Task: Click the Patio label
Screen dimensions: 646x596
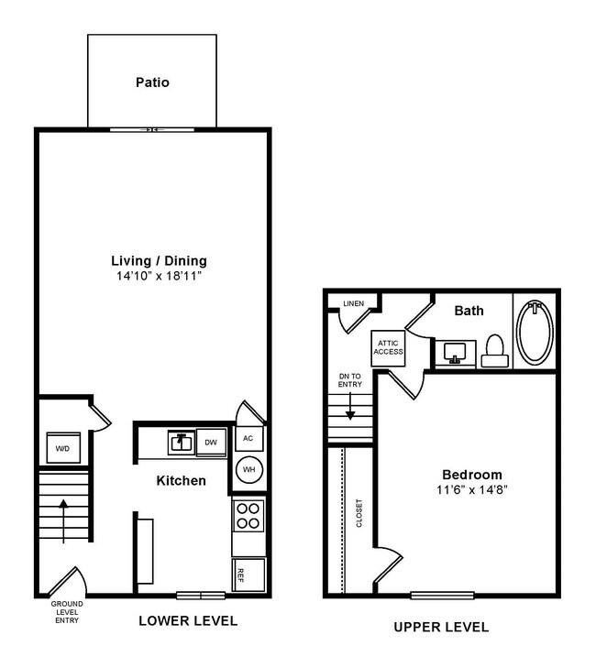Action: click(152, 82)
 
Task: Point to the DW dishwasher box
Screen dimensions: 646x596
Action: click(211, 443)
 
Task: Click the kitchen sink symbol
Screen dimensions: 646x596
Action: click(180, 443)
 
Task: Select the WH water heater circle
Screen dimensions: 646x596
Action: click(248, 471)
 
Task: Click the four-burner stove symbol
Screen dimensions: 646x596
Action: click(248, 516)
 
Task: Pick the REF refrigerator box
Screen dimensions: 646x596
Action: click(248, 575)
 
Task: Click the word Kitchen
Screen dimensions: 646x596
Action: click(181, 481)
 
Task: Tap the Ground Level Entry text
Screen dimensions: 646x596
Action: click(66, 613)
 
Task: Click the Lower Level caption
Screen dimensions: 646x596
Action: click(187, 620)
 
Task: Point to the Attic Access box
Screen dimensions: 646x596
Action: click(387, 347)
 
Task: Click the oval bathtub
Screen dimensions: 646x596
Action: click(535, 331)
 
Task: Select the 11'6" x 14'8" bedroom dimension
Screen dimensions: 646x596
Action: click(471, 490)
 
